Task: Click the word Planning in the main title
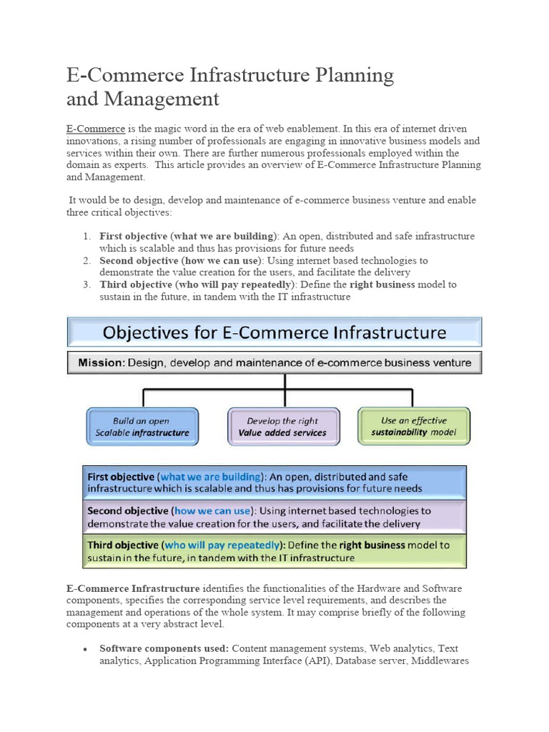(350, 74)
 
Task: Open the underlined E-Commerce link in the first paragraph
(96, 129)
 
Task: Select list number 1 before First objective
(86, 236)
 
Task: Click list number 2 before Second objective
(86, 261)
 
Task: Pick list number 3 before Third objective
(86, 285)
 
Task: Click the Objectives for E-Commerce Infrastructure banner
(274, 332)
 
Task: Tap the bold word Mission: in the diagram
(102, 362)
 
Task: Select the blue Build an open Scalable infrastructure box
(142, 427)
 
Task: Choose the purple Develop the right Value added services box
(282, 427)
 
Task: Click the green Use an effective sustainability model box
(414, 426)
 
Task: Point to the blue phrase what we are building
(210, 477)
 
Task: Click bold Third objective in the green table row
(121, 545)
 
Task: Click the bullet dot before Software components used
(85, 649)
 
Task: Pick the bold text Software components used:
(164, 648)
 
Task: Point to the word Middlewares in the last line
(440, 661)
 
